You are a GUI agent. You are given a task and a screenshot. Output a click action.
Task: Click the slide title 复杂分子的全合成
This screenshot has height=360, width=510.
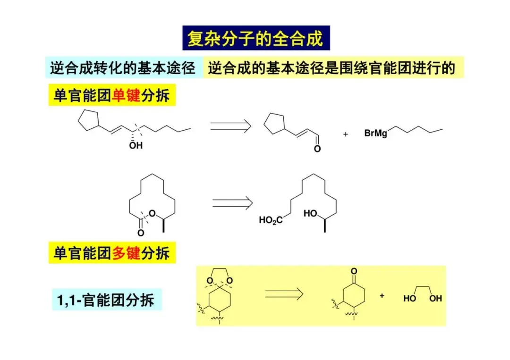255,38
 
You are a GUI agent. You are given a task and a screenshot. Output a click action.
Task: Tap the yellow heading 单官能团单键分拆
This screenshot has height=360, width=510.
111,96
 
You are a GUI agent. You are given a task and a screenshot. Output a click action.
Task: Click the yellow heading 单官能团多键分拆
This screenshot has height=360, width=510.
111,253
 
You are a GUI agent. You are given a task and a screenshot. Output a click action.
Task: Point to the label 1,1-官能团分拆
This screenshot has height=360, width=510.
106,300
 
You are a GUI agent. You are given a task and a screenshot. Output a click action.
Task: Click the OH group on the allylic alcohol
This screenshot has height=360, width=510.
136,146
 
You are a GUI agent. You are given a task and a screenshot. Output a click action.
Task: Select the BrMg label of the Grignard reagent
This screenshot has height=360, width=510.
376,134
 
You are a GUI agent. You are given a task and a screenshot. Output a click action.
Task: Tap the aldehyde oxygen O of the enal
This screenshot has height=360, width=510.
317,149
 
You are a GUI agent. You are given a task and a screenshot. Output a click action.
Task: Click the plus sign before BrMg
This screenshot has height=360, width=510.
345,134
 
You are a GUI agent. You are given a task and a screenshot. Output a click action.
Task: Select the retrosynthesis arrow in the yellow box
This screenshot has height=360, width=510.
283,293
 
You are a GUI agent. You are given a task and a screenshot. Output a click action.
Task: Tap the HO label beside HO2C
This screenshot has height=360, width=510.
310,214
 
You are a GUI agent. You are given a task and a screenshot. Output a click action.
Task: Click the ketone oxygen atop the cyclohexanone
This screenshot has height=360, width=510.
354,271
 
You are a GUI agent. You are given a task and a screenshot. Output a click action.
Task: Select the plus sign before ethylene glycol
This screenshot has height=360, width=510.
382,296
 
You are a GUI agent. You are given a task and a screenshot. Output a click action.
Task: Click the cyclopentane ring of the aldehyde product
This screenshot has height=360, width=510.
273,124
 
